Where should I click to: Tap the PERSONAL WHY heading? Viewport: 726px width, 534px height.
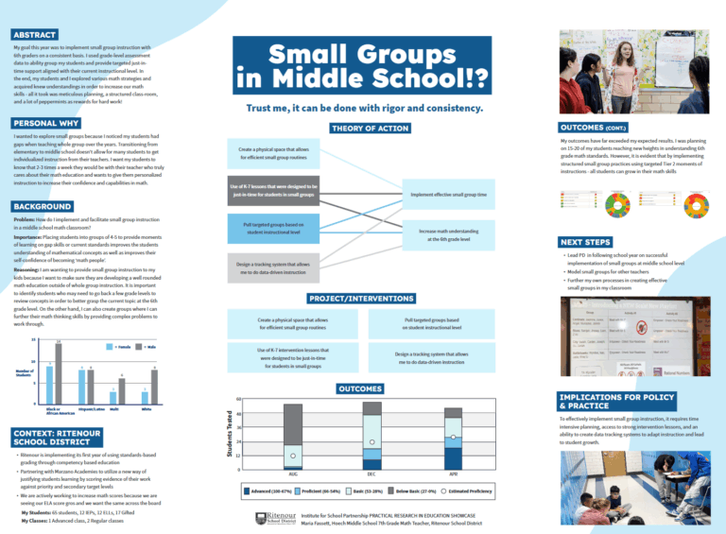pos(44,123)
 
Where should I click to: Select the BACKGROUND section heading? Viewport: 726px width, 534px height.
pos(41,205)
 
